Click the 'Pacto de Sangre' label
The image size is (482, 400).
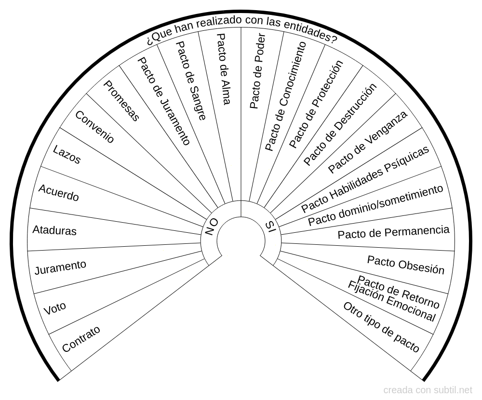pos(191,80)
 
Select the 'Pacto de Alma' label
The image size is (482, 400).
pos(224,69)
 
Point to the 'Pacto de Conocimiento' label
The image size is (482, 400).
pos(286,96)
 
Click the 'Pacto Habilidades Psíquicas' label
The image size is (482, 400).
pos(365,180)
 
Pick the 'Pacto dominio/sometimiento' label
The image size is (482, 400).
pos(375,205)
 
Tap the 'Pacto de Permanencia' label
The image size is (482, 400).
pos(393,232)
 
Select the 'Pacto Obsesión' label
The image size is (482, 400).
pos(406,265)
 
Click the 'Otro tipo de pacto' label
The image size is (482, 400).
pos(381,328)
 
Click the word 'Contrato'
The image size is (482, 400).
pos(81,339)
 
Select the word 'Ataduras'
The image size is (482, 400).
pos(54,231)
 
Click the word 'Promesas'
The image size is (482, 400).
pos(122,100)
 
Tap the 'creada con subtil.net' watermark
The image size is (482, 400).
pos(428,390)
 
